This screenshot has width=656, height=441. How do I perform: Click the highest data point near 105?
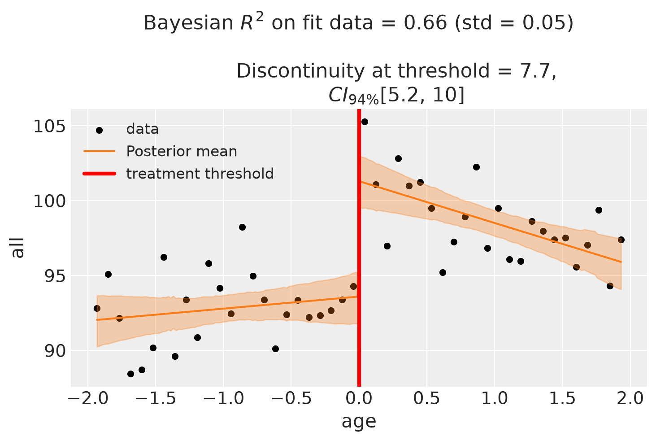tap(365, 122)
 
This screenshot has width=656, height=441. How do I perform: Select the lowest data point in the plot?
tap(130, 374)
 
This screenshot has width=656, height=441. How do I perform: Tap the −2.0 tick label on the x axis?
tap(87, 399)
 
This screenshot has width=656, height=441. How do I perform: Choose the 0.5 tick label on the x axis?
tap(427, 399)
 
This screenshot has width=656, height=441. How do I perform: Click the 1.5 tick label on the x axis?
tap(562, 399)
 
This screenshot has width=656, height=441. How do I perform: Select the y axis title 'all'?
tap(17, 248)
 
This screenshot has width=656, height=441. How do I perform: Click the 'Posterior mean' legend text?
tap(182, 152)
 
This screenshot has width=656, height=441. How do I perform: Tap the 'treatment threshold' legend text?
tap(200, 174)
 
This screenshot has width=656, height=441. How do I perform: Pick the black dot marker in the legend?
tap(99, 131)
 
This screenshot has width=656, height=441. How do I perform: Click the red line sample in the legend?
tap(100, 174)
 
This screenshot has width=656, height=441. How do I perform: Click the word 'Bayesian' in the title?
tap(188, 23)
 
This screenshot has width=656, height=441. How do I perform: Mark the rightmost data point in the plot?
tap(621, 240)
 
